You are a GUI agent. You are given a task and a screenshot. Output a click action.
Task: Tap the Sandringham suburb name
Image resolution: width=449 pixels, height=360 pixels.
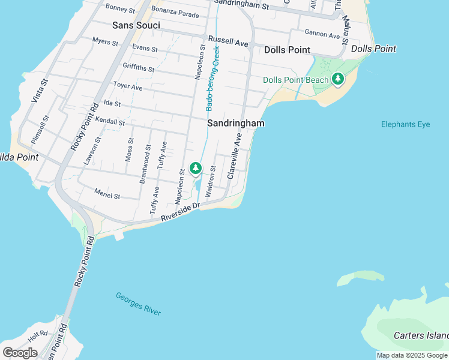(x=236, y=123)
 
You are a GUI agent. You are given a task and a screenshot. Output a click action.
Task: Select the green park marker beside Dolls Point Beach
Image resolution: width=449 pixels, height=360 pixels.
(x=338, y=79)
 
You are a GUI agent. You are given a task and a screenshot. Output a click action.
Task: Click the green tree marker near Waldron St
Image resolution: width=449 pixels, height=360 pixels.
(x=196, y=169)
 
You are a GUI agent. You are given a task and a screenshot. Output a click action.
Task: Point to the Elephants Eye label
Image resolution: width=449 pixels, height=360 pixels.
(x=405, y=124)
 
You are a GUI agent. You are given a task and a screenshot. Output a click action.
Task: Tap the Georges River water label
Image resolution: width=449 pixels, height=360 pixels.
(x=138, y=304)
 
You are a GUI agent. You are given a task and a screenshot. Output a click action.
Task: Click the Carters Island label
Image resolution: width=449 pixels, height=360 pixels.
(x=421, y=335)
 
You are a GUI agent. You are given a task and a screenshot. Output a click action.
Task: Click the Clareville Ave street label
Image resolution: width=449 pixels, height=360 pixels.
(x=234, y=156)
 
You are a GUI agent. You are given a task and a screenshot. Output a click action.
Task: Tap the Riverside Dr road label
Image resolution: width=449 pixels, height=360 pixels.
(x=179, y=214)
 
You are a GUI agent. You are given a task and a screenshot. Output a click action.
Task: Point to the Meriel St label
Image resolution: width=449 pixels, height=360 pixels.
(x=107, y=193)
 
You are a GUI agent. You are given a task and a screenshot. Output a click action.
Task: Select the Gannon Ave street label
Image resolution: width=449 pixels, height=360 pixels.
(x=322, y=35)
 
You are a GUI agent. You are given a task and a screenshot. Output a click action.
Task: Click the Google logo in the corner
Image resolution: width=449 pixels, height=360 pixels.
(x=20, y=352)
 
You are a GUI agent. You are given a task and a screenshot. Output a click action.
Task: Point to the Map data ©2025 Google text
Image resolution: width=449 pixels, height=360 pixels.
(x=412, y=355)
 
